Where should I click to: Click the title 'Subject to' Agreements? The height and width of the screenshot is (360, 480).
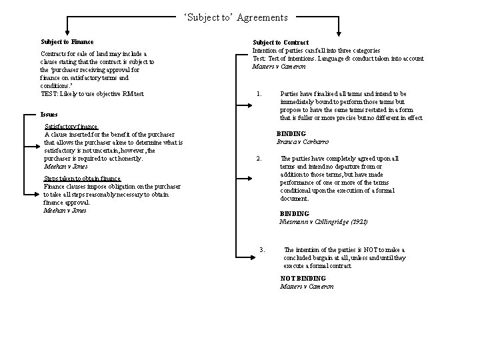236,17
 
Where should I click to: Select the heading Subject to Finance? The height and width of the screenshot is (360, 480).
67,42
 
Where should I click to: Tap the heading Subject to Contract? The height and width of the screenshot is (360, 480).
281,43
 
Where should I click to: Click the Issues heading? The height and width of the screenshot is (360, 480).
49,114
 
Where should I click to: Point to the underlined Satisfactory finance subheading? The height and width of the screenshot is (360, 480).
71,127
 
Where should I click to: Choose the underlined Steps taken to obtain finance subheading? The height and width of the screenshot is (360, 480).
83,179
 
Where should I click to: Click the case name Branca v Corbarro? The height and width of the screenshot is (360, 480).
302,142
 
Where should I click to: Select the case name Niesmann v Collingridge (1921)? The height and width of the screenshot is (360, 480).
323,221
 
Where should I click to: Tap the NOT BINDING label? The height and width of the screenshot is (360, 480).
303,278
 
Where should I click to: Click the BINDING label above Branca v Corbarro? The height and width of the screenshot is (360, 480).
291,134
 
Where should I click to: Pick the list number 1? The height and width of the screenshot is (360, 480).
258,94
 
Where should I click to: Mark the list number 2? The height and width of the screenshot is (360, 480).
259,159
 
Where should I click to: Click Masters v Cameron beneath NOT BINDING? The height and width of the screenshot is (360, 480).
307,286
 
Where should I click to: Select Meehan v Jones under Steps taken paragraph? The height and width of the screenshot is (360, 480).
65,211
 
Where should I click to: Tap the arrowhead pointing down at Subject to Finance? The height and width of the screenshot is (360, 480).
67,33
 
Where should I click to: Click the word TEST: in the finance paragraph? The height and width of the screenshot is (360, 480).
49,93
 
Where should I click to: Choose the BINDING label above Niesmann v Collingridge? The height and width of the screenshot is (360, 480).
294,213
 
